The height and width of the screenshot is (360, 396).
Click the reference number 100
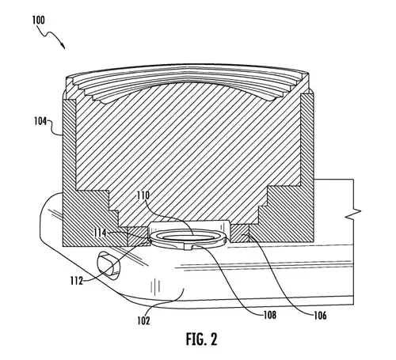(39, 20)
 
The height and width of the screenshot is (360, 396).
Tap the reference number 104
(40, 121)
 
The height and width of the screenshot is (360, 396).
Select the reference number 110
(143, 195)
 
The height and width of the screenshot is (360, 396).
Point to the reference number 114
(100, 233)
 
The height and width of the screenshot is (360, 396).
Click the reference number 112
(77, 281)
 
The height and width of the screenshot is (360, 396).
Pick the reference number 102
(143, 320)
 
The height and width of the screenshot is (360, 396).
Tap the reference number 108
(270, 315)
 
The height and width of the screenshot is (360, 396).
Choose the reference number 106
(320, 315)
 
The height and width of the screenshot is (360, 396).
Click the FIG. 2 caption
(202, 339)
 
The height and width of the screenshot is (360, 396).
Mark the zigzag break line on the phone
(353, 213)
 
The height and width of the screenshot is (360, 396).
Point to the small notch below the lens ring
(188, 248)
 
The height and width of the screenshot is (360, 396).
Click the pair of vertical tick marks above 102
(155, 286)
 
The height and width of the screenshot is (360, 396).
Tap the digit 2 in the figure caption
(214, 339)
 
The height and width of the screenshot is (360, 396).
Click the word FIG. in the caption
(196, 339)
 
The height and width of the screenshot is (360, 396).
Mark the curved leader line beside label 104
(55, 128)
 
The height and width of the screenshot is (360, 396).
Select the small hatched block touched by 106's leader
(240, 233)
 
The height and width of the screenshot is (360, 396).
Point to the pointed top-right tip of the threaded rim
(308, 74)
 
